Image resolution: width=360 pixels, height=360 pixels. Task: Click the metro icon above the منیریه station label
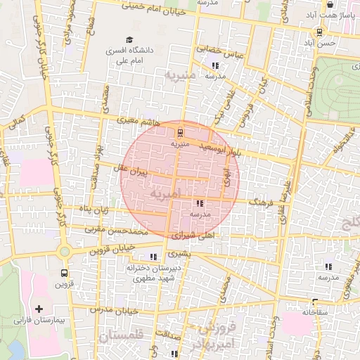pos(181,131)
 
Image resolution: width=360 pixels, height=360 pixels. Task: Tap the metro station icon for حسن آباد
pos(320,32)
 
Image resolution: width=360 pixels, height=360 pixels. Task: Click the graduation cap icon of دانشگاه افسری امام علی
pos(128,40)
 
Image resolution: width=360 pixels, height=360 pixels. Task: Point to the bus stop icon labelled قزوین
pos(65,273)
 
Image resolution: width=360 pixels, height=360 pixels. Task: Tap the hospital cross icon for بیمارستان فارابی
pos(39,309)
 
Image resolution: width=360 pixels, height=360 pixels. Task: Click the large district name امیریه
pos(165,193)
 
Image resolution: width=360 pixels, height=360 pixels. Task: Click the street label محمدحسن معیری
pos(116,231)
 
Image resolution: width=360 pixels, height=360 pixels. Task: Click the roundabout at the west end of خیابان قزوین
pos(65,251)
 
